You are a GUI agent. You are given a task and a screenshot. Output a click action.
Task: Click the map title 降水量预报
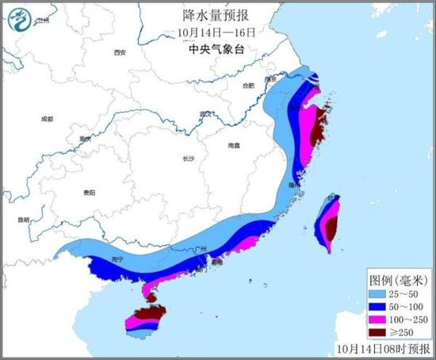(217, 17)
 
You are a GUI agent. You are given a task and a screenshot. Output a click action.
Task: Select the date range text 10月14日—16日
(217, 33)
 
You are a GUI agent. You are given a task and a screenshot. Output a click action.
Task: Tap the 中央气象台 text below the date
(216, 48)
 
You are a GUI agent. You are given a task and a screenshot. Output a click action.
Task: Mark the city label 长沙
(188, 159)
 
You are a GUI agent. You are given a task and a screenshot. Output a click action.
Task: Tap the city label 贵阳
(89, 193)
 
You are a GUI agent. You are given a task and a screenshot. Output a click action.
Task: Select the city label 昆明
(24, 219)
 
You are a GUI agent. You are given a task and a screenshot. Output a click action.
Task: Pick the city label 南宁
(119, 259)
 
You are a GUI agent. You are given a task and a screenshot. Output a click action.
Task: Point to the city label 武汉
(206, 113)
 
